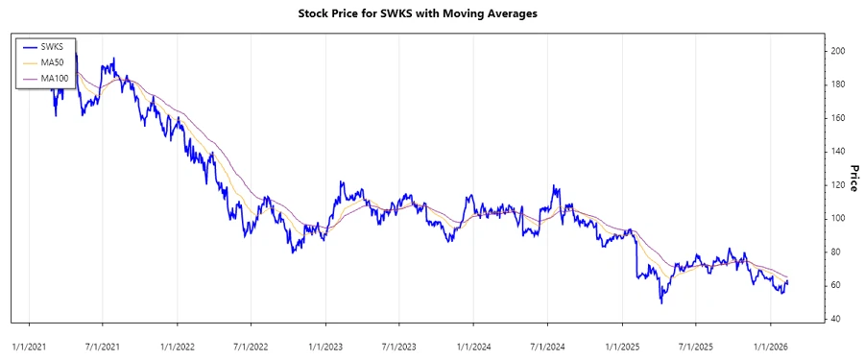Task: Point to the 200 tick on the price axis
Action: click(838, 51)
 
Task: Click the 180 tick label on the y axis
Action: click(838, 84)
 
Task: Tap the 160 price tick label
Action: click(838, 118)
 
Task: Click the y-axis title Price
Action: click(853, 178)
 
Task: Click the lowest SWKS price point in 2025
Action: click(660, 302)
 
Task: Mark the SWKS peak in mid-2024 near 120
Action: click(554, 186)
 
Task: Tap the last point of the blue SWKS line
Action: click(788, 281)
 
